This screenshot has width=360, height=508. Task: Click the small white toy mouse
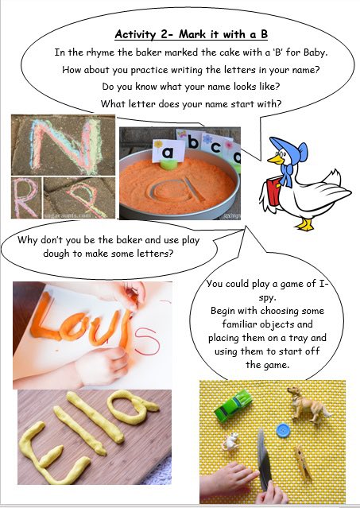(234, 439)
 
